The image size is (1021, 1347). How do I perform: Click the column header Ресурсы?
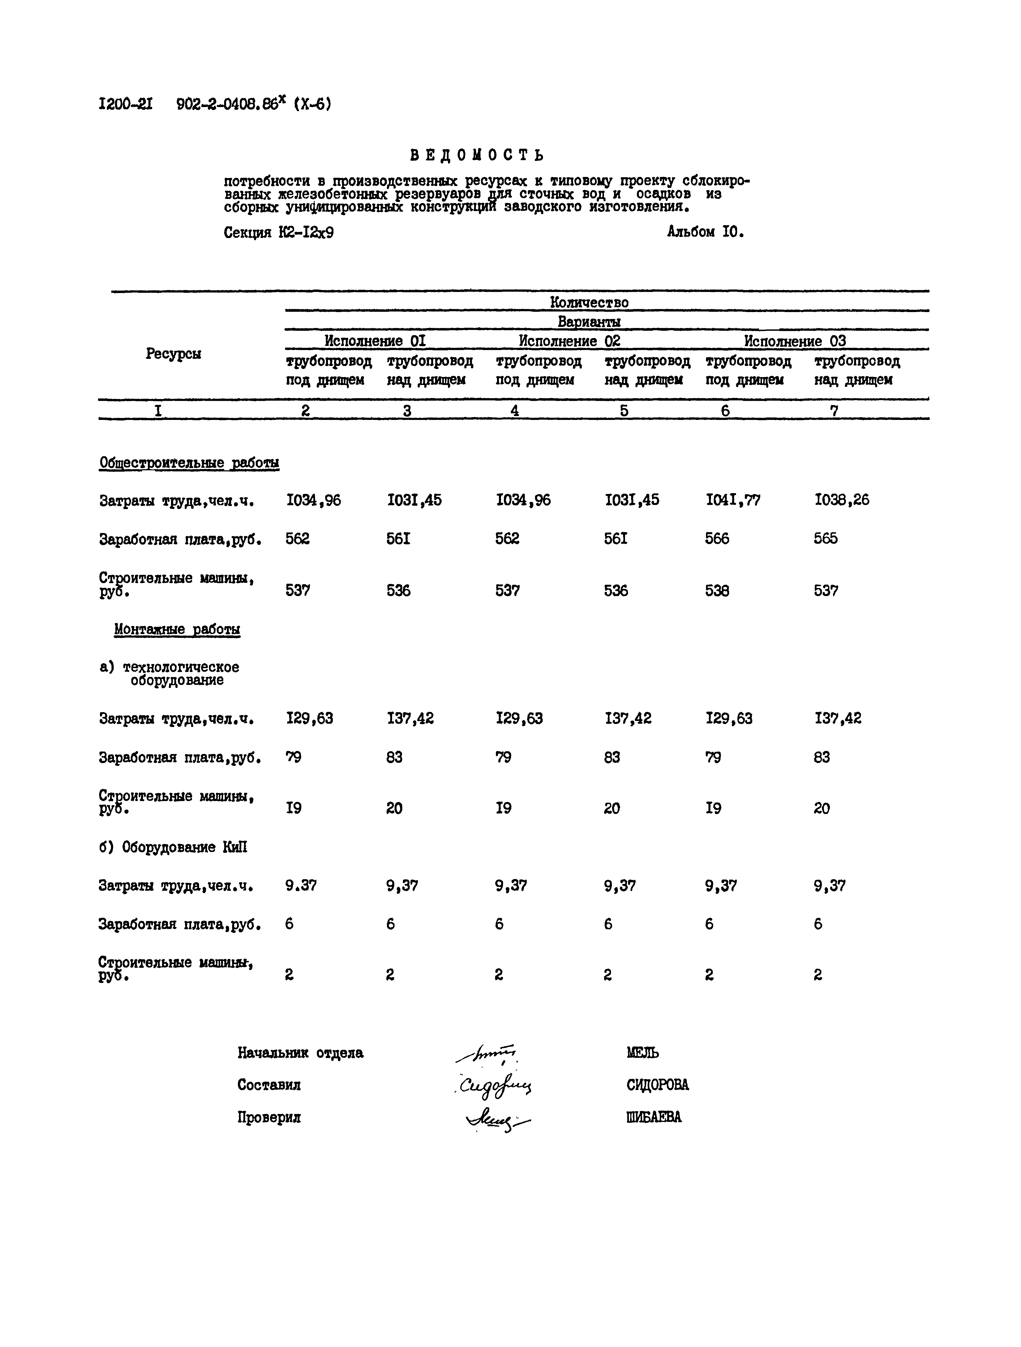[174, 354]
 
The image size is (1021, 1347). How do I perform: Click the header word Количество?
[589, 302]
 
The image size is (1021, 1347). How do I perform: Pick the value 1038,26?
[841, 501]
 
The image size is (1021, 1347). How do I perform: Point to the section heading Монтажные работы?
[177, 630]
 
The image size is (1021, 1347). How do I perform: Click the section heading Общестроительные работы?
[189, 463]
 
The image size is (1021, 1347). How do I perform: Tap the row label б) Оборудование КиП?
[173, 847]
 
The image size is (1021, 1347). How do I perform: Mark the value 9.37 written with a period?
[301, 886]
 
